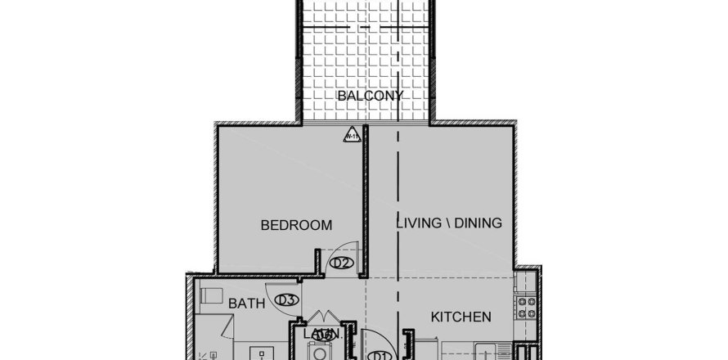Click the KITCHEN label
(461, 317)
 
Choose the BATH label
(246, 304)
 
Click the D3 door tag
(285, 300)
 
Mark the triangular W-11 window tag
(351, 137)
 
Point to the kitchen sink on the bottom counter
(492, 353)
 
